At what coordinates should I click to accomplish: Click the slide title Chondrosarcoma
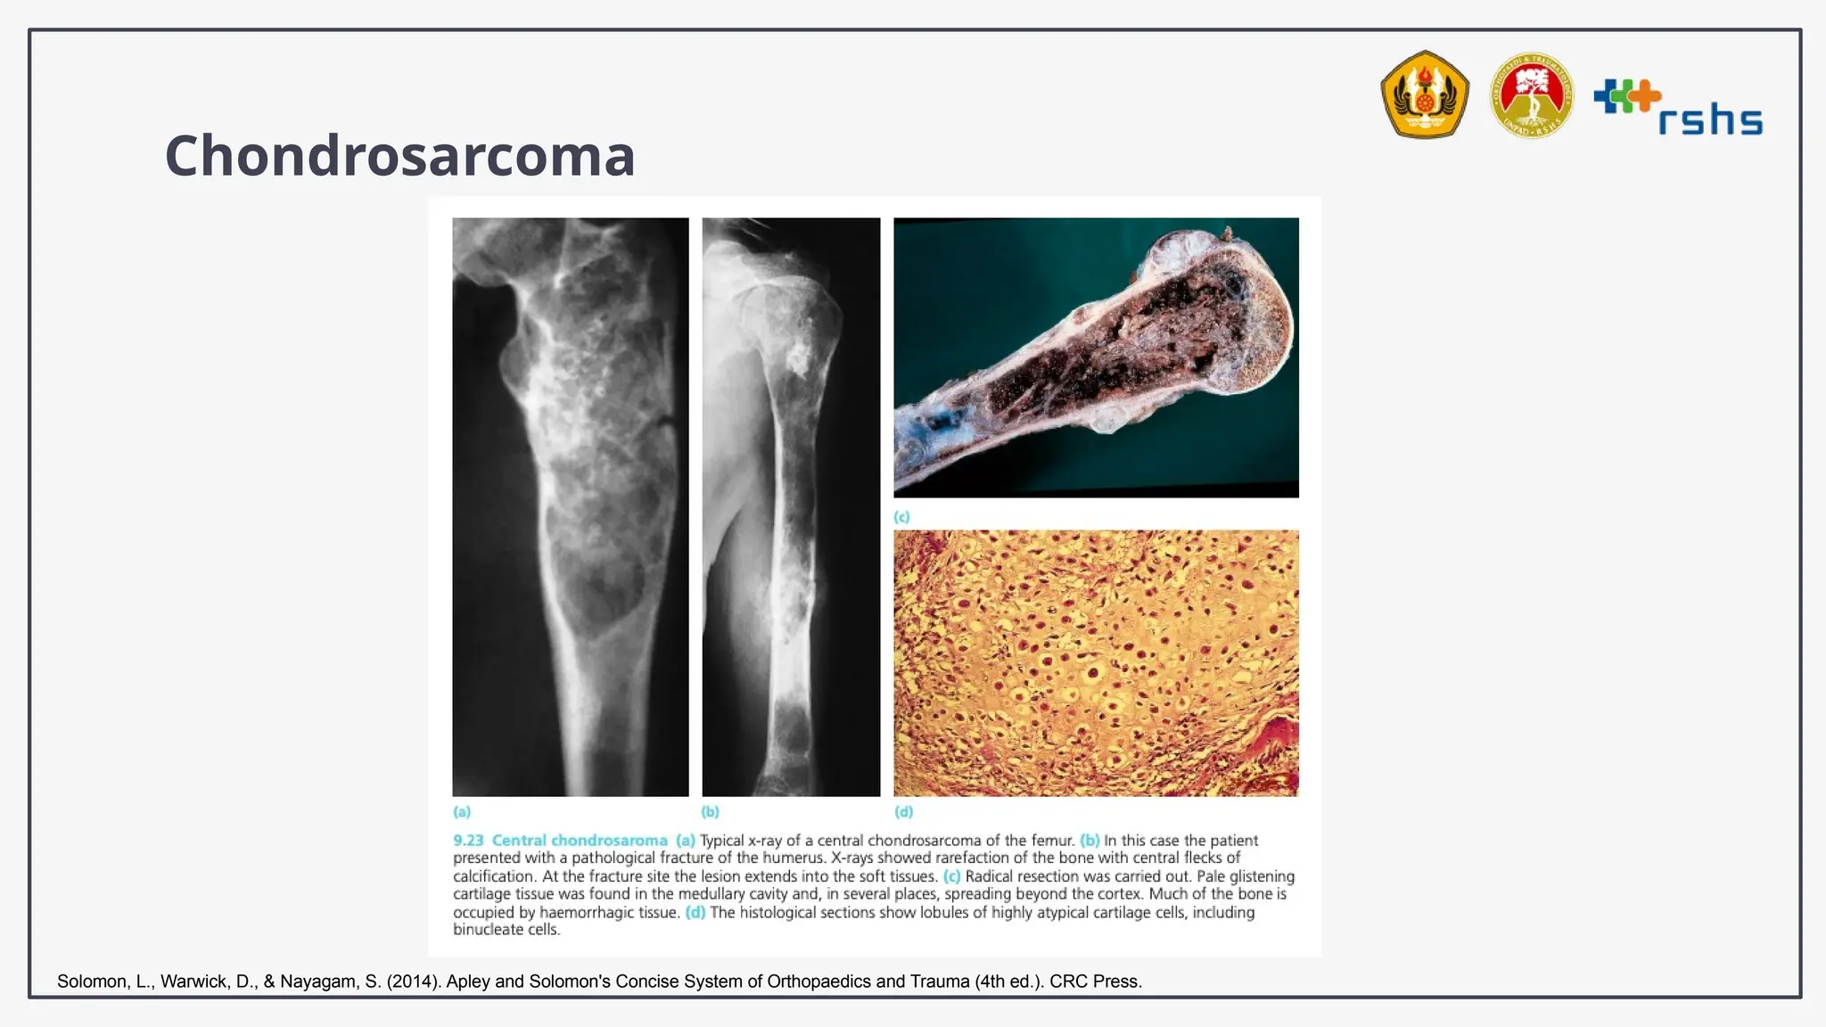[399, 155]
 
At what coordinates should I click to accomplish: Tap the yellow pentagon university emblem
[1424, 94]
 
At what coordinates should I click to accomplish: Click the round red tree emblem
[1532, 95]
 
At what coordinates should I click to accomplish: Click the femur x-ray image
[571, 506]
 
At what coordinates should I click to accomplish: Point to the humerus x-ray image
[791, 506]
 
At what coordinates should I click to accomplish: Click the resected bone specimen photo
[1096, 357]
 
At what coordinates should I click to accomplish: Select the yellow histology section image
[1096, 662]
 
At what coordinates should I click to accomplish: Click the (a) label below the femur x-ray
[462, 811]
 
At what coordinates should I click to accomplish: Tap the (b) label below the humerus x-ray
[710, 811]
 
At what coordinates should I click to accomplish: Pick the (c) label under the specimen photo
[902, 517]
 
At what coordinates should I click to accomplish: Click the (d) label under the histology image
[903, 811]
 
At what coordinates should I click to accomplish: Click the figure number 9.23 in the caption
[468, 841]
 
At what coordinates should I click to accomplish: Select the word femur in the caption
[1052, 841]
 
